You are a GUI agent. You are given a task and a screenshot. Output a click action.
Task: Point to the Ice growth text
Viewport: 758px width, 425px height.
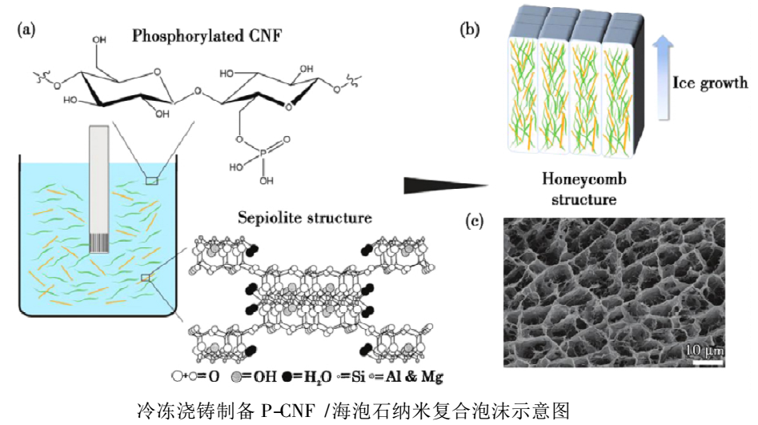710,82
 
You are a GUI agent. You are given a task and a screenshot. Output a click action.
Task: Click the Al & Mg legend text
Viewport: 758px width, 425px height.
413,376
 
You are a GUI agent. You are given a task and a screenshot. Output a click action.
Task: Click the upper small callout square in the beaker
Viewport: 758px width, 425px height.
152,180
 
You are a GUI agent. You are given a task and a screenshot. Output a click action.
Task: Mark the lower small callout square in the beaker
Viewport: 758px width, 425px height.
146,278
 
